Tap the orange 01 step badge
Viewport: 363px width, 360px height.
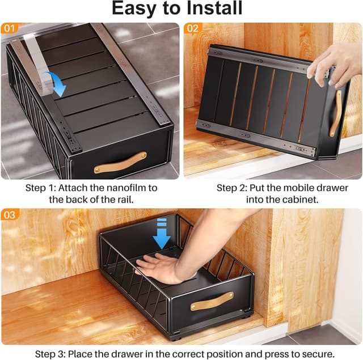(10, 28)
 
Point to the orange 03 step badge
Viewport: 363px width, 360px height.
(10, 214)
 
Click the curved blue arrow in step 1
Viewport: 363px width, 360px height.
(57, 83)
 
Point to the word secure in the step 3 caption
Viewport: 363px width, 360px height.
(314, 354)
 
